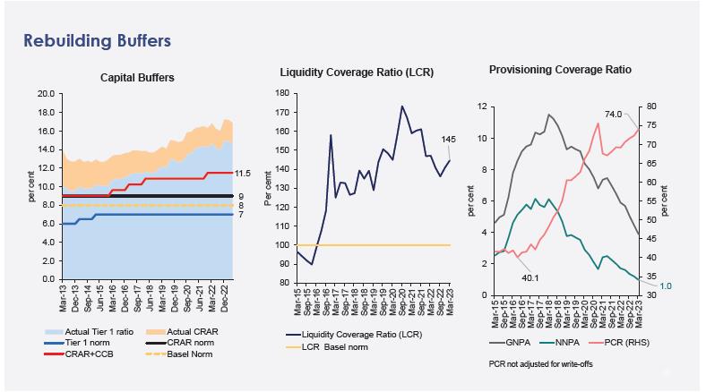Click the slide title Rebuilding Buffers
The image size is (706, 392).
pyautogui.click(x=96, y=41)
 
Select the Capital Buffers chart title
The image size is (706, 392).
pyautogui.click(x=137, y=78)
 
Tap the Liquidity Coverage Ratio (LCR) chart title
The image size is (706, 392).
pyautogui.click(x=357, y=72)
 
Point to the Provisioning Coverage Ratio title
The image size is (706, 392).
pyautogui.click(x=560, y=69)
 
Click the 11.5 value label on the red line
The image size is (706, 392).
pyautogui.click(x=243, y=173)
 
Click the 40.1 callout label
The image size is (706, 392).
pyautogui.click(x=530, y=277)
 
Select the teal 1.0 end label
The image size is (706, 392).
pyautogui.click(x=666, y=286)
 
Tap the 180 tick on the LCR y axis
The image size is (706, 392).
pyautogui.click(x=282, y=93)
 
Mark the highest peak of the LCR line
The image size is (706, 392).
pyautogui.click(x=402, y=107)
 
